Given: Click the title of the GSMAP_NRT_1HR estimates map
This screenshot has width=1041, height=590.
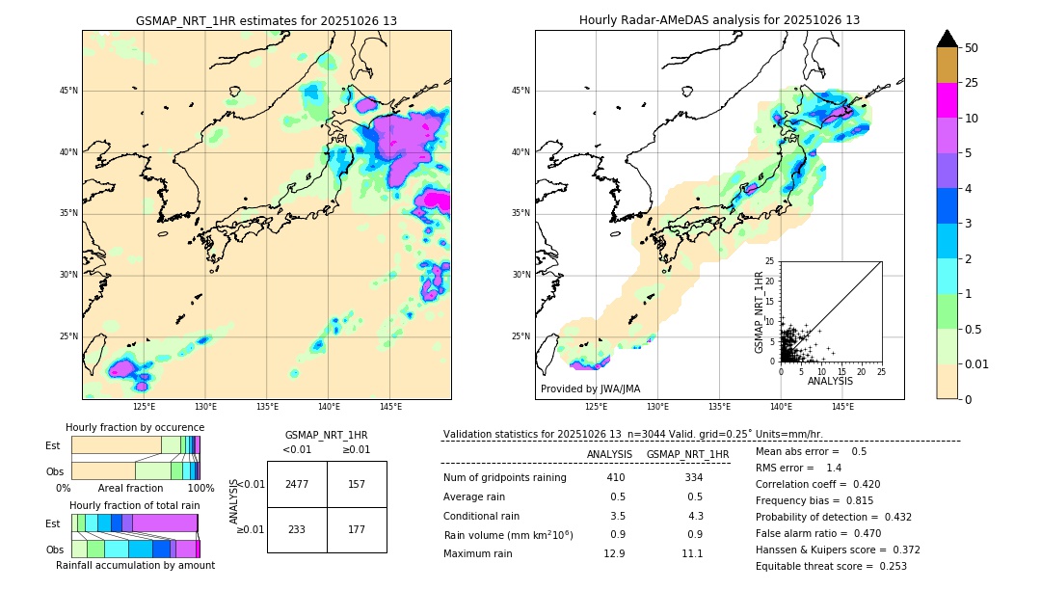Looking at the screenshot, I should pos(266,20).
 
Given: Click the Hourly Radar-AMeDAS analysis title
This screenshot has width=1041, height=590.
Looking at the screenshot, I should pos(719,20).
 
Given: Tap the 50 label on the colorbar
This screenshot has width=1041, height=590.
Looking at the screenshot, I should pos(972,47).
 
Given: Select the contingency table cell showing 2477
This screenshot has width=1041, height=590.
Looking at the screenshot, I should pos(297,484).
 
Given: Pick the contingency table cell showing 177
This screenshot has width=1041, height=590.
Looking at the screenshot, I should pos(357,529).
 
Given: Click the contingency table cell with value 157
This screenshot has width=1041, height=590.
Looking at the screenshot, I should pos(357,484).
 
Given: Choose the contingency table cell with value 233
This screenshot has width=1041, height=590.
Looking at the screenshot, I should pos(297,529).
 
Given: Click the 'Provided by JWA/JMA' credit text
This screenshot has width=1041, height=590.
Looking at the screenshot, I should pos(590,389).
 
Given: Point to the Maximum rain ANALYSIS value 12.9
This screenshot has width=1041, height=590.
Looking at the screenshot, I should pos(615,553).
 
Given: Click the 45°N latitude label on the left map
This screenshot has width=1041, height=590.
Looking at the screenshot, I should pos(68,91).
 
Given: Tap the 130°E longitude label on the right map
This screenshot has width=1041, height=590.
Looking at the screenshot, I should pos(658,407).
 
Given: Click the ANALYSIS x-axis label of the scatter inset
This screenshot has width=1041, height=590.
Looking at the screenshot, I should pos(830,381).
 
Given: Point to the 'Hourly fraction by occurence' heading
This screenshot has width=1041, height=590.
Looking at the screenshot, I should pos(135,427).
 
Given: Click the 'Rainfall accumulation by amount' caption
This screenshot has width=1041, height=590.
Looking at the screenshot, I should pos(135,565).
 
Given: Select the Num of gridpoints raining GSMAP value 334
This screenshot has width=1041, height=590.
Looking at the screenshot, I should pos(693,478).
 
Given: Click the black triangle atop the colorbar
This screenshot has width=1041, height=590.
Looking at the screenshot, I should pos(948,39).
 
